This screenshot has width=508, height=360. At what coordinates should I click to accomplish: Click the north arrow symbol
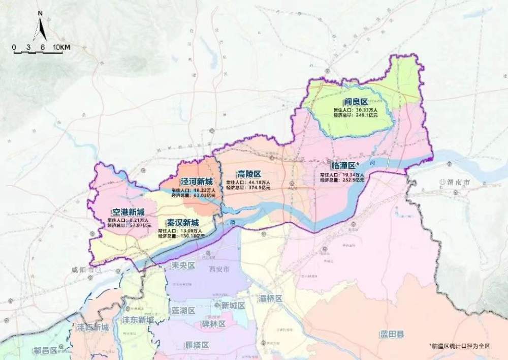(x=40, y=28)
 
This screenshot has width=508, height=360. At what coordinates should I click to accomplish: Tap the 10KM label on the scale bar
(x=61, y=47)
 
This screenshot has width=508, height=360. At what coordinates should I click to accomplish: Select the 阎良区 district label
(x=355, y=102)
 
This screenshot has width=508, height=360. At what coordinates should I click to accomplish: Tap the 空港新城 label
(x=128, y=212)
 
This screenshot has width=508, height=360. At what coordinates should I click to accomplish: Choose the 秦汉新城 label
(x=182, y=223)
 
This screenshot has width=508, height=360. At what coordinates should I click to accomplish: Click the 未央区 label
(x=183, y=265)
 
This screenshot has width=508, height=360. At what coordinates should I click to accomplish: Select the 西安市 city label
(x=219, y=268)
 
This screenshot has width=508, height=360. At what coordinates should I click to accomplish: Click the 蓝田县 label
(x=392, y=334)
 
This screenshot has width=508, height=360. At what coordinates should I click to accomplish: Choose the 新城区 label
(x=233, y=306)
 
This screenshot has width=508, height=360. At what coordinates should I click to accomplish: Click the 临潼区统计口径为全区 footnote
(x=459, y=346)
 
